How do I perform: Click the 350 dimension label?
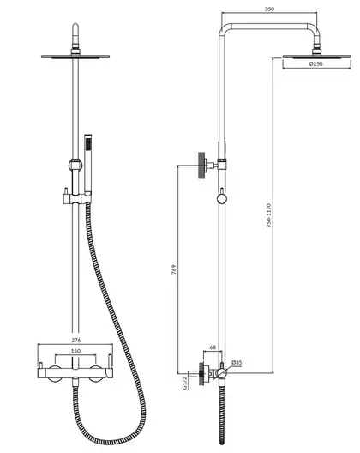[269, 9]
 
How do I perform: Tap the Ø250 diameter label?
[315, 63]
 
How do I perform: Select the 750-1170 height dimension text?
[269, 215]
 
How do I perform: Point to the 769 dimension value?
[173, 269]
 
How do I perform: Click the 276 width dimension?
[76, 340]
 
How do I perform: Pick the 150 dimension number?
[75, 351]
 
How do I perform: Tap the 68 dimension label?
[213, 347]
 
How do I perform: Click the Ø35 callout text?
[237, 362]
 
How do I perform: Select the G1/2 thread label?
[185, 384]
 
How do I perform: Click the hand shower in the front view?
[88, 165]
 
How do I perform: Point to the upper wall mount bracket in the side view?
[207, 166]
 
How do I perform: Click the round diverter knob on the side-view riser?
[222, 199]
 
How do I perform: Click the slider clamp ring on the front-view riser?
[75, 166]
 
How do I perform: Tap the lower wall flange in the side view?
[202, 374]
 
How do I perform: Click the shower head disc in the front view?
[75, 57]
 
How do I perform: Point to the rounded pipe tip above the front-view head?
[75, 28]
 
